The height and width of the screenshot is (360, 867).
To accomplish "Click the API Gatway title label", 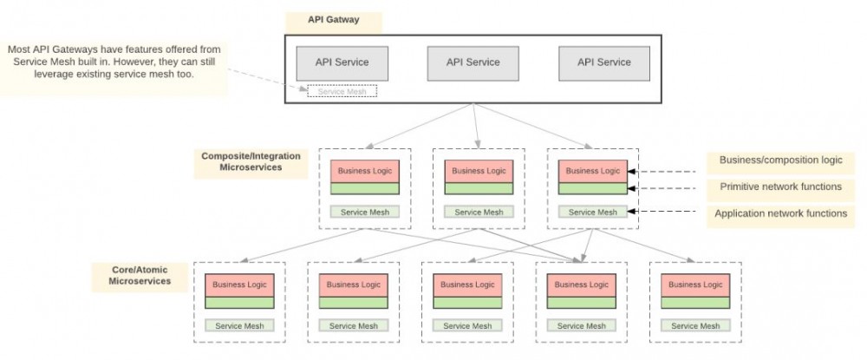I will point(333,19).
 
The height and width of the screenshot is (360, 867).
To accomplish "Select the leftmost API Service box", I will point(342,62).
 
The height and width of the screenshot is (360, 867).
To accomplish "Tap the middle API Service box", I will point(473,62).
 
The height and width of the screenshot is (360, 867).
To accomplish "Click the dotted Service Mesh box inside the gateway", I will point(342,91).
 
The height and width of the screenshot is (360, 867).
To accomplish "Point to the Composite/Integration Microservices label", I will point(251,161).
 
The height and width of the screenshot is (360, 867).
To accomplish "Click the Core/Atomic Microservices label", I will point(140,275).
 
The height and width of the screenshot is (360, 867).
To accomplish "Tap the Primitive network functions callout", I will point(780,187).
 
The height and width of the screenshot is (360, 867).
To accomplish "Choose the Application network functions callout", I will point(780,213).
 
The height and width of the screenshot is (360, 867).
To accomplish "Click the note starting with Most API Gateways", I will point(114,62).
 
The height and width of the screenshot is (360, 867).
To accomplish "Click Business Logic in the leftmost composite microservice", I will point(364,171).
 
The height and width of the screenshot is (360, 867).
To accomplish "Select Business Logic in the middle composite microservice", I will point(479,171).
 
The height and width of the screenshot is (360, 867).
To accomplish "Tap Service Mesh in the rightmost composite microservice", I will point(593,212).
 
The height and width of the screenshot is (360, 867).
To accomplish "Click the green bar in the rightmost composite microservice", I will point(593,188).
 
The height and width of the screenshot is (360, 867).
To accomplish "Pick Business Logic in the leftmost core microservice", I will point(239,285).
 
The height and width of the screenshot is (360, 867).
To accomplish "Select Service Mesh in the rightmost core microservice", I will point(695,326).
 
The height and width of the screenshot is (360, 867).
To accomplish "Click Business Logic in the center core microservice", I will point(468,285).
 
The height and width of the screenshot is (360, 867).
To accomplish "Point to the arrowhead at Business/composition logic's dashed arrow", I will point(633,172).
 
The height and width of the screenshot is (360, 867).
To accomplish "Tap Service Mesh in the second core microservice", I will point(354,326).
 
